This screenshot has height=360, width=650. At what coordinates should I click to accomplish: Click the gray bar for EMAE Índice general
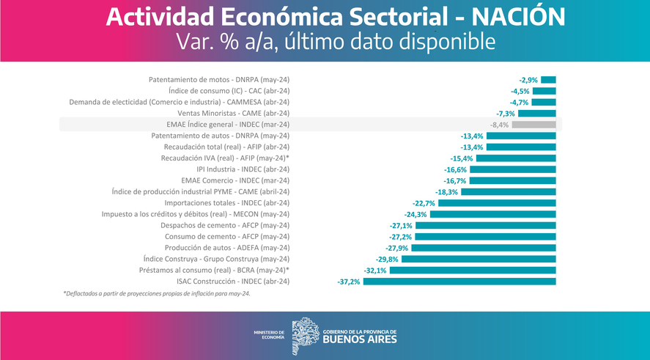[x=533, y=125]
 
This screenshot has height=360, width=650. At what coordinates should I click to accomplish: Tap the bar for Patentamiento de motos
[x=548, y=79]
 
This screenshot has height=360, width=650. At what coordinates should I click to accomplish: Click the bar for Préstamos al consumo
[x=473, y=271]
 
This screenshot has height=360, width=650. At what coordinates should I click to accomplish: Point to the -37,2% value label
[x=349, y=282]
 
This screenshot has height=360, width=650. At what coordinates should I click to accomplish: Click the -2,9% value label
[x=528, y=79]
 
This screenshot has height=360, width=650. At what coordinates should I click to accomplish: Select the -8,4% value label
[x=499, y=125]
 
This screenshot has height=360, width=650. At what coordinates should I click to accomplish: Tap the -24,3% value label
[x=416, y=214]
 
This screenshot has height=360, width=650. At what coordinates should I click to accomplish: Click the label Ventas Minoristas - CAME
[x=233, y=114]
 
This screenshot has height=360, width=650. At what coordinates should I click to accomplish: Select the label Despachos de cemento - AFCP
[x=225, y=226]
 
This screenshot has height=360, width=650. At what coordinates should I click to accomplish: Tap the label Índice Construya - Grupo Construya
[x=216, y=259]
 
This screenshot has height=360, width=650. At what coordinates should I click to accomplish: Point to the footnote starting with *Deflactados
[x=156, y=294]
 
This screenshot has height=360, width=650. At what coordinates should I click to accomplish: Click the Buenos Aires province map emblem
[x=305, y=336]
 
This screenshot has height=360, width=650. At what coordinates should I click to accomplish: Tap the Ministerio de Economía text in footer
[x=269, y=336]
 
